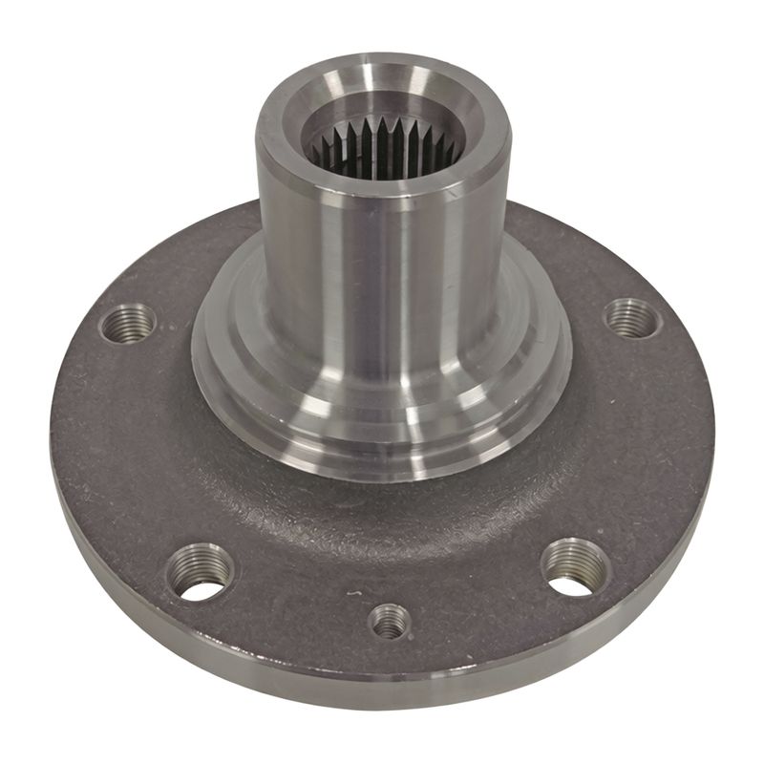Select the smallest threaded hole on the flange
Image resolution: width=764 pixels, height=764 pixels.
click(389, 623)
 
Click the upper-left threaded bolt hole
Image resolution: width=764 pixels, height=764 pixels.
click(127, 323)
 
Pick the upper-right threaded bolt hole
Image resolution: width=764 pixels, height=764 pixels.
click(632, 318)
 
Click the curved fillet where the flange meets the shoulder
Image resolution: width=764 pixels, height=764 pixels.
click(382, 497)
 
